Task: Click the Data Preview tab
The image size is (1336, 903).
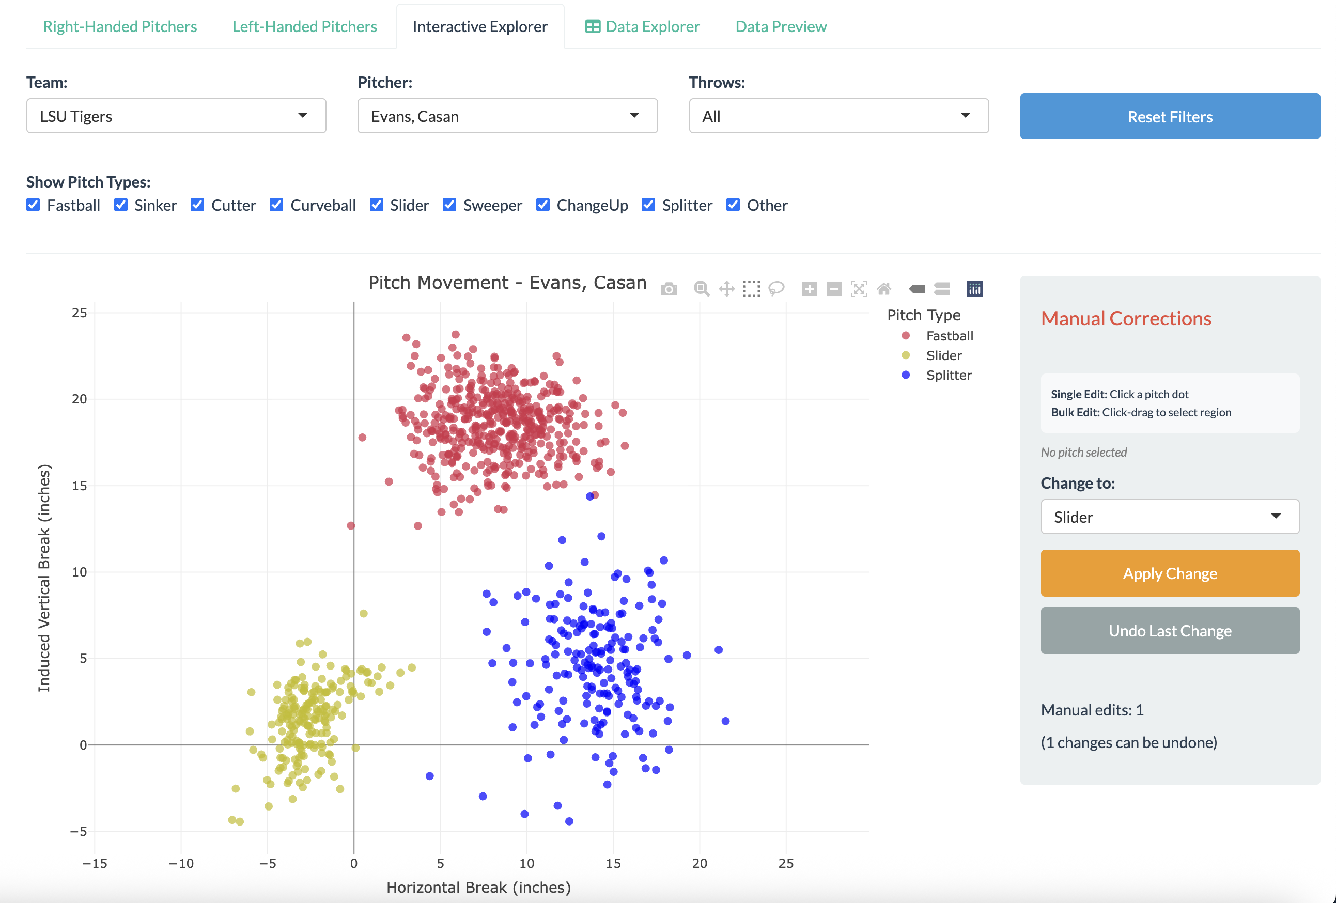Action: (780, 26)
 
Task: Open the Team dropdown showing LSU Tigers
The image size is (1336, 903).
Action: (176, 116)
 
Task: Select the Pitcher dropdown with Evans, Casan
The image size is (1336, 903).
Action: (507, 116)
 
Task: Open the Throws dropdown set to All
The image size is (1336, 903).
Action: (838, 116)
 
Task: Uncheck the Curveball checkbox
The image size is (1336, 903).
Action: (276, 205)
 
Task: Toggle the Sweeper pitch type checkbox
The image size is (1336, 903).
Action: (449, 205)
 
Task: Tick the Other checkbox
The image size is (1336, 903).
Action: (733, 205)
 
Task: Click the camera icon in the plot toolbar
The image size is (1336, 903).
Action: (669, 289)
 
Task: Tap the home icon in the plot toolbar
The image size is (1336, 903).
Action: (883, 289)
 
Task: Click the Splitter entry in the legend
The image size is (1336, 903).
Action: (948, 376)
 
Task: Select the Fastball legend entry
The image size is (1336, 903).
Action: (949, 336)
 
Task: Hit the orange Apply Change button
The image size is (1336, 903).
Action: (1169, 573)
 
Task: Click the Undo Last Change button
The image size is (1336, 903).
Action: (1169, 631)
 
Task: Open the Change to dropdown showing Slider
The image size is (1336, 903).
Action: (1169, 517)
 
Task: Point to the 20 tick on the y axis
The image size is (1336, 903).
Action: (80, 399)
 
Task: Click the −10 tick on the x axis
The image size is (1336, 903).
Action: (181, 863)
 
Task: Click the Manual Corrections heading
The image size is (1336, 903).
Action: (1126, 318)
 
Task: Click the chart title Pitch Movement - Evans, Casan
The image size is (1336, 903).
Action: (507, 283)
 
